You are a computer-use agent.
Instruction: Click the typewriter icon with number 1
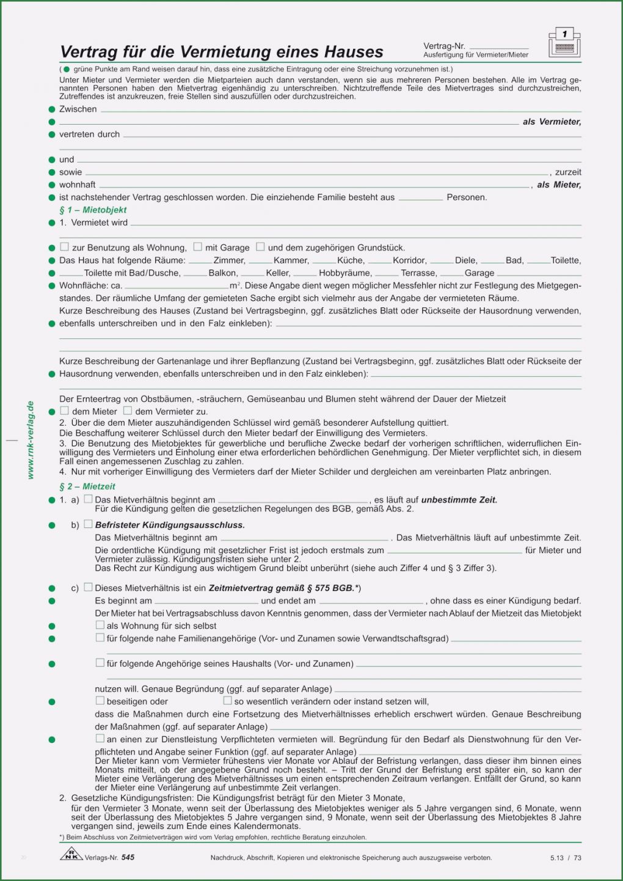564,42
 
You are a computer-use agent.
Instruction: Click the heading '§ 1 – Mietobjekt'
93,210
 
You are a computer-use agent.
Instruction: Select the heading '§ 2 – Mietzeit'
87,487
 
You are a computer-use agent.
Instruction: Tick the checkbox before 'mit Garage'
198,247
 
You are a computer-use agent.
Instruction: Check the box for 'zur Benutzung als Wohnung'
65,247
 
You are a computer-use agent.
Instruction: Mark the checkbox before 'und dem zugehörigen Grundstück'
260,247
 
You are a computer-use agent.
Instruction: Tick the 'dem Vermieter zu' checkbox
128,411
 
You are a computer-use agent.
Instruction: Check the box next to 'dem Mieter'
65,411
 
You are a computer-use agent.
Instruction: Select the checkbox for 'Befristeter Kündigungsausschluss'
89,524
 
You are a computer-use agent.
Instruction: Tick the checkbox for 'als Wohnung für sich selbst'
100,625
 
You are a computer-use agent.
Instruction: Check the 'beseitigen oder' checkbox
100,701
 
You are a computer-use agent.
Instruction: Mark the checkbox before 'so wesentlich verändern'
228,701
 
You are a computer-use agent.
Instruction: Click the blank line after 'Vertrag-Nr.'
498,46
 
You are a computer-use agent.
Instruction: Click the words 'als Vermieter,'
552,122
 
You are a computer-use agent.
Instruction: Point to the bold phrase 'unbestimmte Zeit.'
459,500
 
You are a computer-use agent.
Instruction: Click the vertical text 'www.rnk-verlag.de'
31,440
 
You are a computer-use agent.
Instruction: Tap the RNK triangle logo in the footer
71,855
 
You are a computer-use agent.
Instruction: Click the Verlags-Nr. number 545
128,858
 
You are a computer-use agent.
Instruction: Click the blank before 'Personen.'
421,198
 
